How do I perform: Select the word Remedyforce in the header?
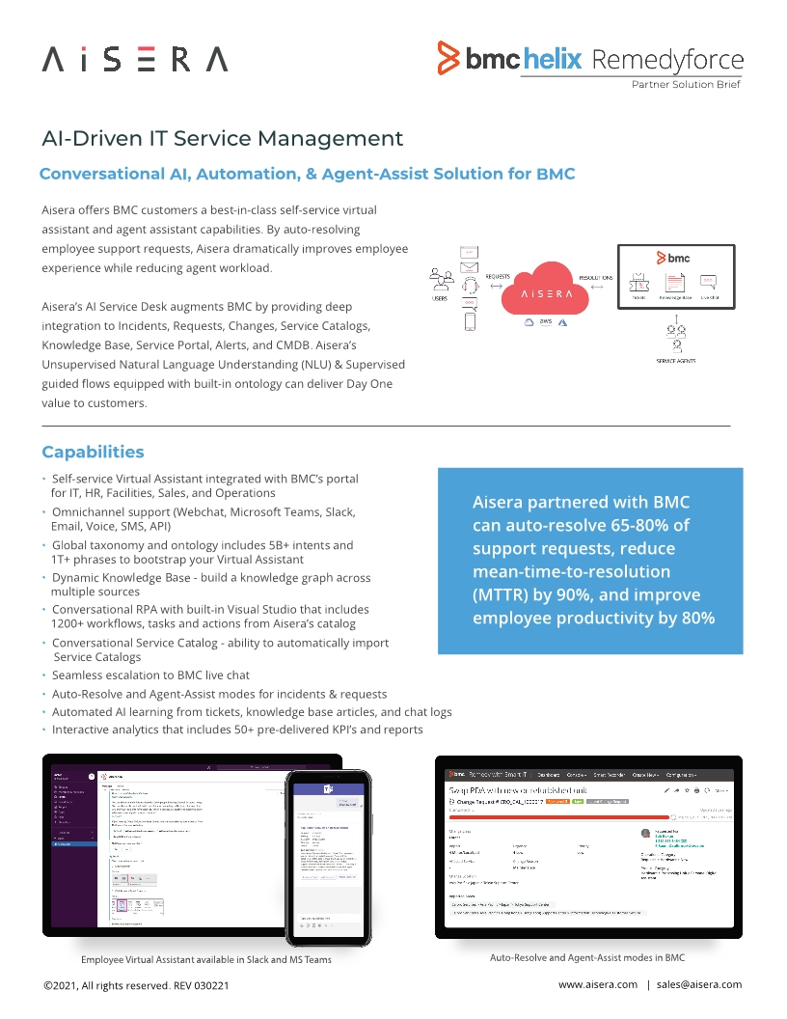pyautogui.click(x=666, y=60)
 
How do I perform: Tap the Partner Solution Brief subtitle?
pyautogui.click(x=686, y=85)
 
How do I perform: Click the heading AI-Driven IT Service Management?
pyautogui.click(x=223, y=138)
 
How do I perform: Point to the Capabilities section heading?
pyautogui.click(x=93, y=452)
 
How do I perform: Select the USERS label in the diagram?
pyautogui.click(x=439, y=298)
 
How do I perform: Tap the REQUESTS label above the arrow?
pyautogui.click(x=498, y=276)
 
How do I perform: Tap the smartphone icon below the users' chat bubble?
pyautogui.click(x=470, y=321)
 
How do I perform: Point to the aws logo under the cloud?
pyautogui.click(x=546, y=321)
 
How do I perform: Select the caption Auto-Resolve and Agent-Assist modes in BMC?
pyautogui.click(x=587, y=957)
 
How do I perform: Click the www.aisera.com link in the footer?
pyautogui.click(x=598, y=984)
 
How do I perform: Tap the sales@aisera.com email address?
pyautogui.click(x=699, y=984)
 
